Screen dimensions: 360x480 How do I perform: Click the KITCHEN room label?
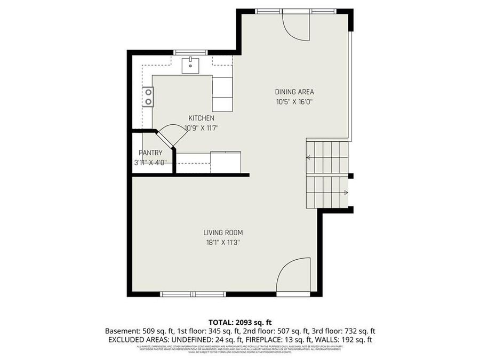202,118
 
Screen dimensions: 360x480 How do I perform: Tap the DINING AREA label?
294,92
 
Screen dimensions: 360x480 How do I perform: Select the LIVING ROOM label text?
223,233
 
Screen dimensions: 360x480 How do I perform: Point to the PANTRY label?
150,153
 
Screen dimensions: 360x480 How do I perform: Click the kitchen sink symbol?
190,66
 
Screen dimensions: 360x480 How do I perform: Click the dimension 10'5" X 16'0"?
294,101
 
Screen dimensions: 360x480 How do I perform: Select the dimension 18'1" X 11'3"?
223,242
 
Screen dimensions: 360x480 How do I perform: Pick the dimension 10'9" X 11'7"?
202,128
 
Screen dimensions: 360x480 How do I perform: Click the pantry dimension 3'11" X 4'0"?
150,163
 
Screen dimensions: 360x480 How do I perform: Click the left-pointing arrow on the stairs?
309,157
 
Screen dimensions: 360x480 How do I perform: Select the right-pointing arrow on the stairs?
346,193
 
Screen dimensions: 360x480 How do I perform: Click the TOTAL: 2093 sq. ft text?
239,322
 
